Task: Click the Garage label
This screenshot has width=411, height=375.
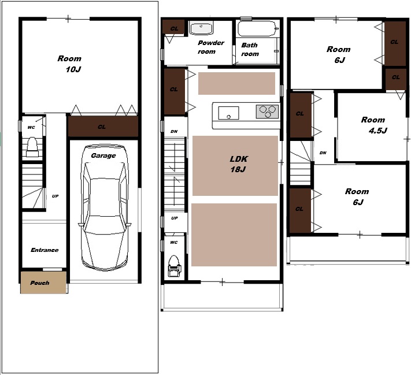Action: pyautogui.click(x=103, y=155)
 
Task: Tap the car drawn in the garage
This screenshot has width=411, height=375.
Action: pyautogui.click(x=105, y=207)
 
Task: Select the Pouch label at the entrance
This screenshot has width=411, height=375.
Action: pyautogui.click(x=39, y=283)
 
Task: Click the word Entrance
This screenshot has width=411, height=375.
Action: pyautogui.click(x=45, y=250)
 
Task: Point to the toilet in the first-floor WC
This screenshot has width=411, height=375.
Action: pyautogui.click(x=32, y=147)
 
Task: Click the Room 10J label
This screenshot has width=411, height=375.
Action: pyautogui.click(x=70, y=64)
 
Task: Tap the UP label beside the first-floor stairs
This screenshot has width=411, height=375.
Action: pyautogui.click(x=55, y=196)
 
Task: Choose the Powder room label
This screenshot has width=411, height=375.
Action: pyautogui.click(x=210, y=47)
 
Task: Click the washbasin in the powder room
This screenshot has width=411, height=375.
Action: pyautogui.click(x=201, y=28)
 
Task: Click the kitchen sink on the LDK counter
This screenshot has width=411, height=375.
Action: pyautogui.click(x=228, y=113)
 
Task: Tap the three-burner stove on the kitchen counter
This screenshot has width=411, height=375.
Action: pyautogui.click(x=267, y=112)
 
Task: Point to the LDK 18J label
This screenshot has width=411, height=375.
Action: pyautogui.click(x=239, y=164)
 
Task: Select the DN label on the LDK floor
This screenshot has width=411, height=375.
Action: pyautogui.click(x=174, y=131)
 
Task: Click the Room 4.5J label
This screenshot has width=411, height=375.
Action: pyautogui.click(x=373, y=125)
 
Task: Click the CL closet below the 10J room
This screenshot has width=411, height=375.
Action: pyautogui.click(x=103, y=127)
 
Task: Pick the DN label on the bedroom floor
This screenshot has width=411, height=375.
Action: pyautogui.click(x=323, y=153)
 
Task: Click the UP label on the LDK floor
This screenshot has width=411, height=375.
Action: pyautogui.click(x=175, y=218)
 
